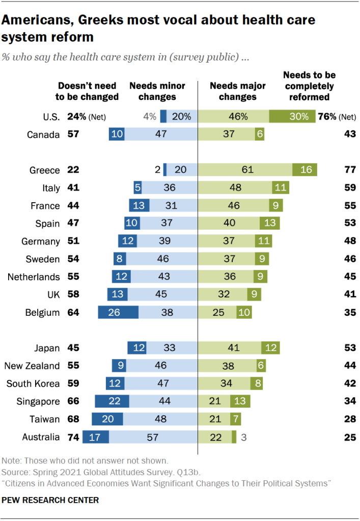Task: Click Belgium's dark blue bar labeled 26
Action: (x=118, y=313)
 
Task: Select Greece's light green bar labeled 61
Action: (x=245, y=170)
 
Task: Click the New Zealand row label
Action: (x=32, y=366)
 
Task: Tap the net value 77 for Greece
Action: (x=349, y=170)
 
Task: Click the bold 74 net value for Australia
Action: (x=74, y=437)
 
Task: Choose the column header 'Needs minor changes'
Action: (x=157, y=91)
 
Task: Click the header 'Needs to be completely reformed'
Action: (x=309, y=86)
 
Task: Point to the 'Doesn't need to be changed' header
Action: (x=87, y=91)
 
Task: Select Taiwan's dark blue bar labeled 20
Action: (x=107, y=419)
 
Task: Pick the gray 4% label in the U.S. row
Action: (x=149, y=116)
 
